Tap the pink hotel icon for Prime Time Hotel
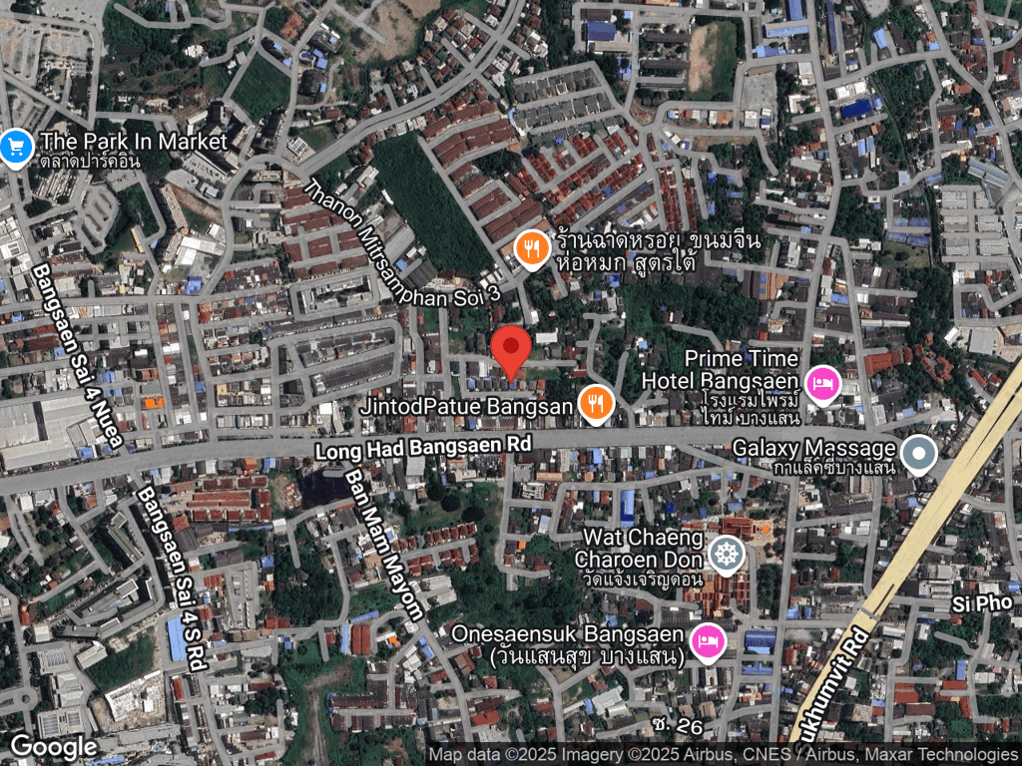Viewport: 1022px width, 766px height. coord(823,383)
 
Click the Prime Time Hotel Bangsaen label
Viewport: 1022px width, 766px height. coord(721,369)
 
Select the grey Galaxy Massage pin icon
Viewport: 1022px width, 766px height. coord(917,453)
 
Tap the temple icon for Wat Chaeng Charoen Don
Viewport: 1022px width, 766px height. coord(726,553)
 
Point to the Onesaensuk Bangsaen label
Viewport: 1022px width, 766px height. coord(567,644)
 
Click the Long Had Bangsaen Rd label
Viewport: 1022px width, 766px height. coord(423,448)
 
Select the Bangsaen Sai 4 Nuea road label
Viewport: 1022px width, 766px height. coord(78,355)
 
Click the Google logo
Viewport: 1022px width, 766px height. coord(53,747)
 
